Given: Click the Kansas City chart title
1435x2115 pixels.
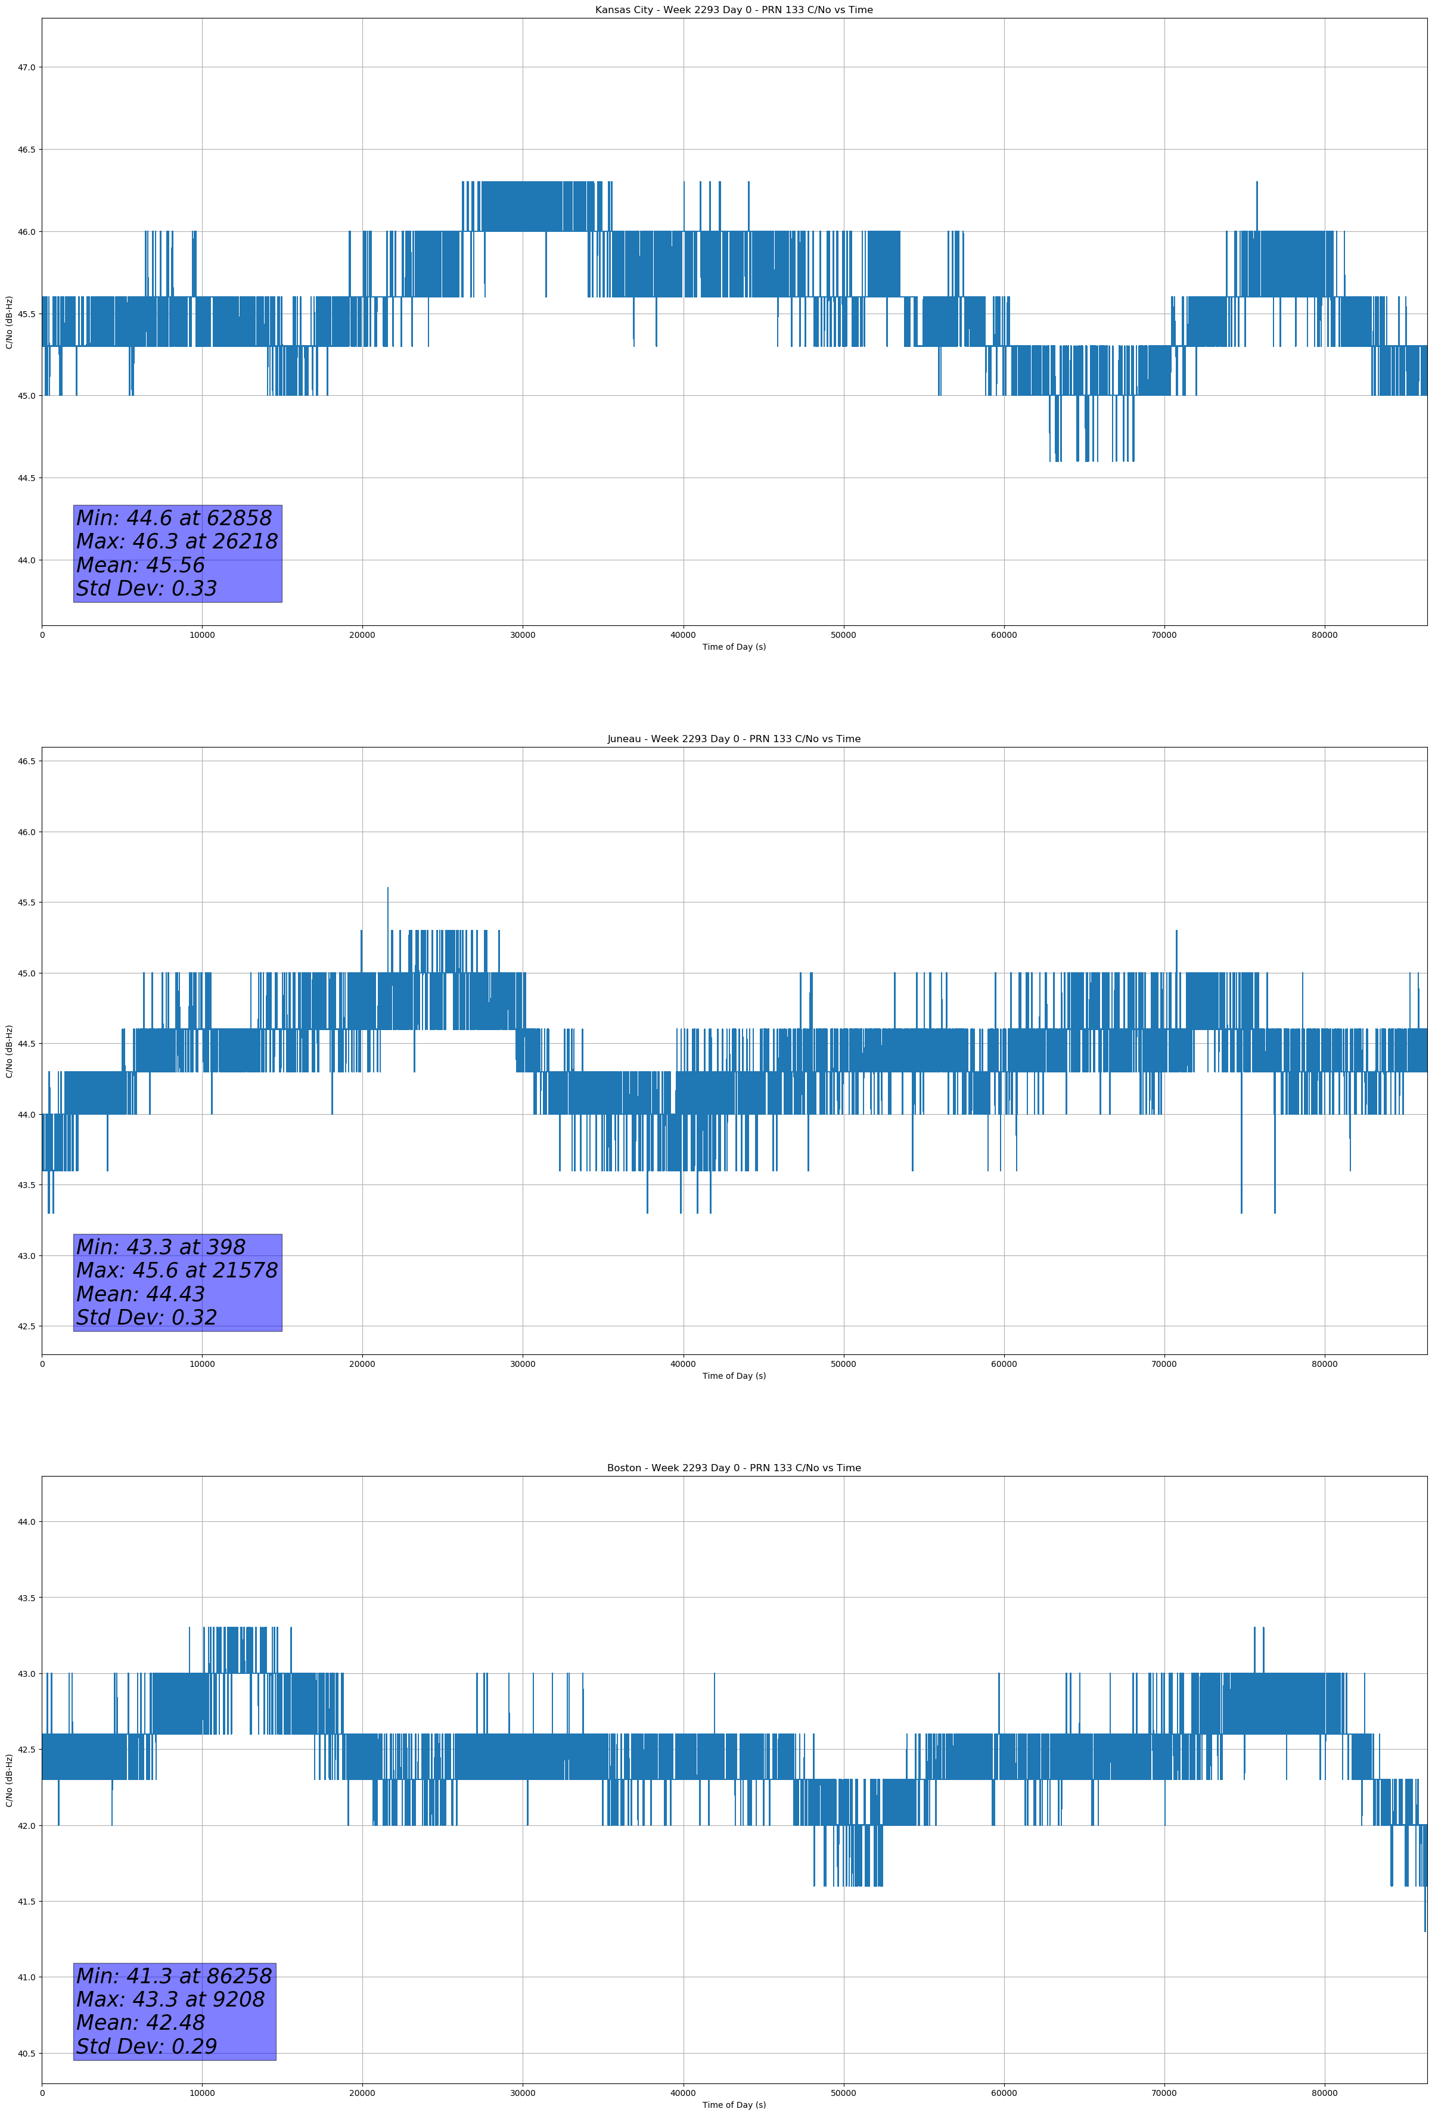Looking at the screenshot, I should (734, 10).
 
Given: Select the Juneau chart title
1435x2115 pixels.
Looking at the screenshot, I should (734, 739).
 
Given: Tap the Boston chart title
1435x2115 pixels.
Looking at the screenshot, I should (734, 1468).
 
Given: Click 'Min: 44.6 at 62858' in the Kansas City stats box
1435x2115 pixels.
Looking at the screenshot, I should (174, 518).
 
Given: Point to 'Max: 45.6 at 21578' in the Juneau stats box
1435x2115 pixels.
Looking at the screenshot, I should (176, 1270).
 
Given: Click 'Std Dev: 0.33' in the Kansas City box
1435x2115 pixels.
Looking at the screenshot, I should (147, 589).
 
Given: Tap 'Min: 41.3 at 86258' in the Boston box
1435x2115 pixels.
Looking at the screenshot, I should (174, 1976).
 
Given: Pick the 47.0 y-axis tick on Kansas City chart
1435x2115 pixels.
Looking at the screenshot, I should (26, 67).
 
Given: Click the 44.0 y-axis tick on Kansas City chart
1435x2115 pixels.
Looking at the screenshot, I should (26, 560).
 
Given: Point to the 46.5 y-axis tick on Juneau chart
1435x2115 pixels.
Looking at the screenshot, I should (26, 762).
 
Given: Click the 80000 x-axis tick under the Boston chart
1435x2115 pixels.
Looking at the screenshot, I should (1324, 2093).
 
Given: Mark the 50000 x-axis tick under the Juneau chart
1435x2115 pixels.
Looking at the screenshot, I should (843, 1364).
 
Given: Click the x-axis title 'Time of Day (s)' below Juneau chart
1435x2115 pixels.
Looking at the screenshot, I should (734, 1376).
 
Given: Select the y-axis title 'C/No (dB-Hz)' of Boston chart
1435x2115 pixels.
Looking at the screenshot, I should (9, 1780).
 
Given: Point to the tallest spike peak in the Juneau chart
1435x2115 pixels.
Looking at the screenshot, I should (387, 888).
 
